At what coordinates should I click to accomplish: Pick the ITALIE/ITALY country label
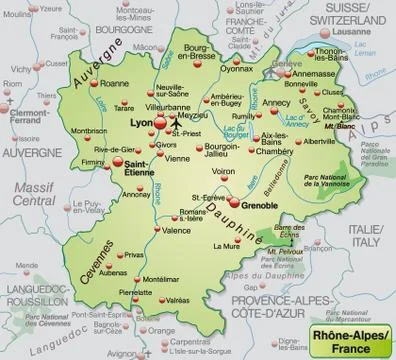point(362,232)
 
